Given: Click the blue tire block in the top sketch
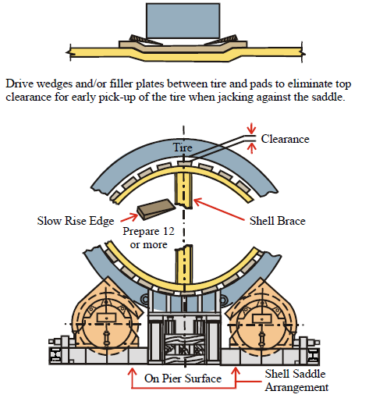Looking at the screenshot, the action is [183, 21].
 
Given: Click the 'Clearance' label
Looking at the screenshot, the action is [285, 139].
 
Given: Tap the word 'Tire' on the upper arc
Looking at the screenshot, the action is [183, 147].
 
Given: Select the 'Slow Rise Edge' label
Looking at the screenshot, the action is [76, 221].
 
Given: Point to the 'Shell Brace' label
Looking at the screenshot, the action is [278, 221].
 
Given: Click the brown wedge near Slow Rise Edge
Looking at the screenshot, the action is [157, 208].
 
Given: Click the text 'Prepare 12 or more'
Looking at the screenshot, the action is [148, 238].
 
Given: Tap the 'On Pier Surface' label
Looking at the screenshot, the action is [183, 378].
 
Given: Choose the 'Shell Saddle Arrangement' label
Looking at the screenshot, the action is [296, 380].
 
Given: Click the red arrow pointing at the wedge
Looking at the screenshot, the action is [129, 218].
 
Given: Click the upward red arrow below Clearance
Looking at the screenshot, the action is [251, 148].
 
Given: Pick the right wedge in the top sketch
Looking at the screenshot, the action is [225, 40].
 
